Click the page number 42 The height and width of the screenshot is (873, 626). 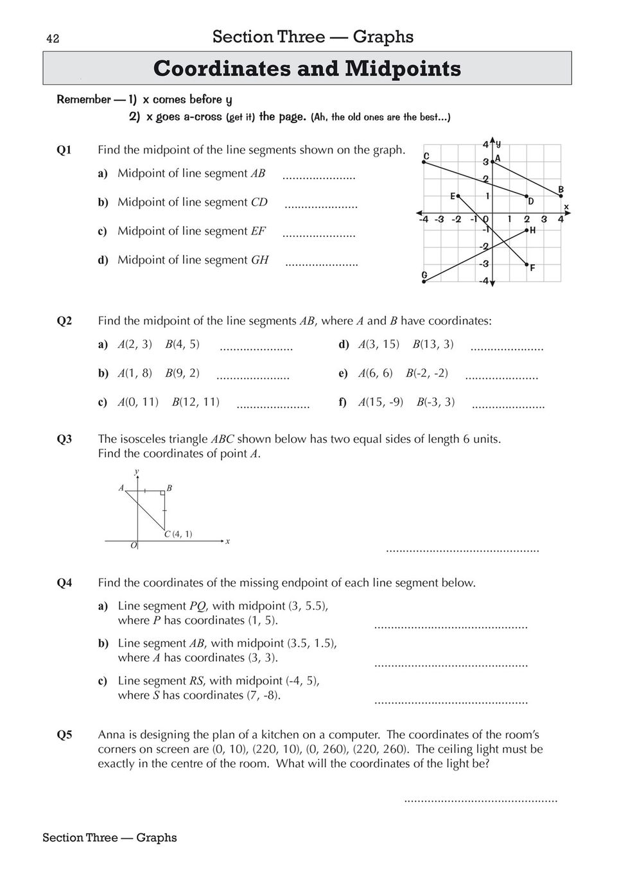pyautogui.click(x=53, y=39)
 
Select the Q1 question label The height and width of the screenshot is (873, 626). pyautogui.click(x=64, y=150)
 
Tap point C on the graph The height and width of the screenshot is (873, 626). pyautogui.click(x=424, y=162)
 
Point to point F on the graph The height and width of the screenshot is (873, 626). pyautogui.click(x=527, y=264)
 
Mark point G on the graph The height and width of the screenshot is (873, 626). pyautogui.click(x=424, y=281)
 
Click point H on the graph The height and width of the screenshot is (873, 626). pyautogui.click(x=527, y=229)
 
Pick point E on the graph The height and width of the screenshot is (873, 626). pyautogui.click(x=458, y=196)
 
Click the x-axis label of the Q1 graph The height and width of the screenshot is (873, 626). pyautogui.click(x=566, y=206)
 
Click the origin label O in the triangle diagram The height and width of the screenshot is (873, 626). pyautogui.click(x=134, y=545)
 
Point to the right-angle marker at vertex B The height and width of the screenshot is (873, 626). pyautogui.click(x=163, y=493)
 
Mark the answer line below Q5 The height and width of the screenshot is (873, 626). pyautogui.click(x=480, y=800)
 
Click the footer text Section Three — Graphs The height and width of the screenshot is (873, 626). pyautogui.click(x=110, y=837)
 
